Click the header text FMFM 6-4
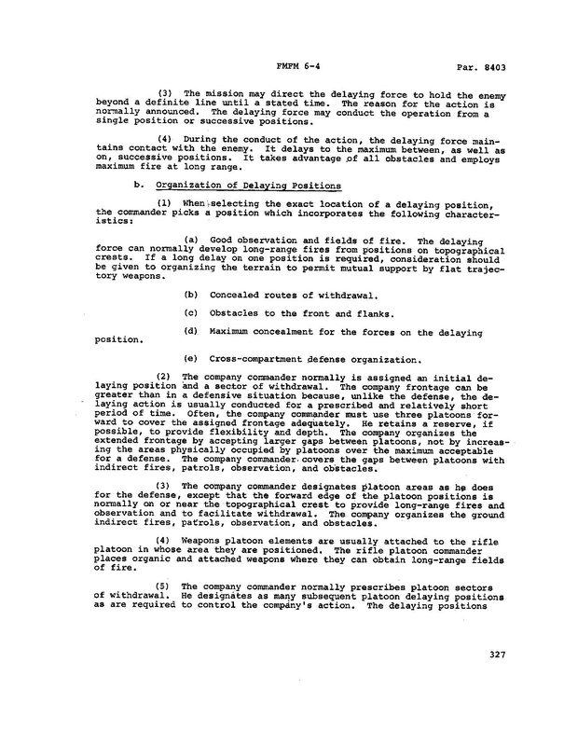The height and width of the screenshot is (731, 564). tap(300, 68)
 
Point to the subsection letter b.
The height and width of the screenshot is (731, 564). tap(139, 186)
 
